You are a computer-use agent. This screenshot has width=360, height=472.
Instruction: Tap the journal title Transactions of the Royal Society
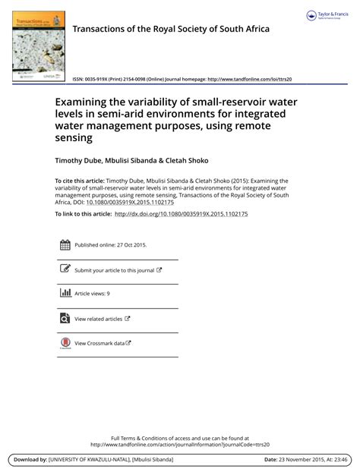pos(170,30)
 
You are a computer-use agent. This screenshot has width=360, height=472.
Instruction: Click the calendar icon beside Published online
pos(65,244)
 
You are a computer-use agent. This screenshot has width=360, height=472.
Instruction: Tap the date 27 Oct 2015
pos(130,245)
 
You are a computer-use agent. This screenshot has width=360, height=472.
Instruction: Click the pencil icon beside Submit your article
pos(65,269)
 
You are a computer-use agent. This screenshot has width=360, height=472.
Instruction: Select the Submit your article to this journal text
pos(114,269)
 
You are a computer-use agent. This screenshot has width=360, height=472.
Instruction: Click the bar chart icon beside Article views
pos(65,292)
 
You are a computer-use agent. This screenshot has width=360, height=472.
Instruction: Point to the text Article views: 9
pos(92,293)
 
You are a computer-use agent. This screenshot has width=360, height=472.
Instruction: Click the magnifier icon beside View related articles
pos(65,319)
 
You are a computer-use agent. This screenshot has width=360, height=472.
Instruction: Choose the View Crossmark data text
pos(99,343)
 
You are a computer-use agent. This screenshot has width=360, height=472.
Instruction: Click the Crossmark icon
pos(65,343)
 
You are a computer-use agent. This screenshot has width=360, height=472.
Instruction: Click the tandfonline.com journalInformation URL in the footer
pos(180,445)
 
